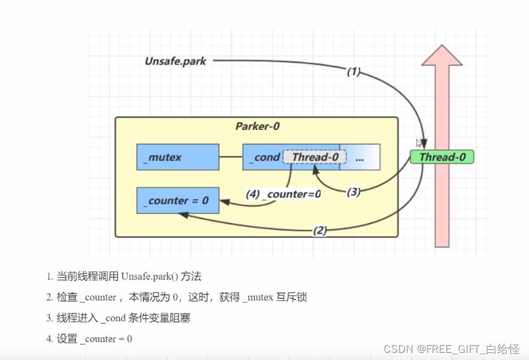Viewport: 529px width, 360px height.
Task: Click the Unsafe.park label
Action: (175, 61)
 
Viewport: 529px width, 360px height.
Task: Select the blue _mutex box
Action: (178, 157)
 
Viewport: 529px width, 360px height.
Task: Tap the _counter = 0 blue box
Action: (178, 200)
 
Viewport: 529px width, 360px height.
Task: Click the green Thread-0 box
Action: (442, 157)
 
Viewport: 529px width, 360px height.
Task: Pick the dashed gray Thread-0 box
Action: (315, 157)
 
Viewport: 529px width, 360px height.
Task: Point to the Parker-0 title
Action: (257, 126)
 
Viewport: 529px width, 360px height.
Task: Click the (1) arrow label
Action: (354, 72)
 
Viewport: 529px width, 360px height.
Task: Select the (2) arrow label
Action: (320, 230)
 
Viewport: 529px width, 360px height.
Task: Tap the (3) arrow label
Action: (354, 192)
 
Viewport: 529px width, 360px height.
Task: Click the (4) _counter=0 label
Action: (283, 194)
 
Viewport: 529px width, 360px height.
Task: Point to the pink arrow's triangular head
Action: (442, 55)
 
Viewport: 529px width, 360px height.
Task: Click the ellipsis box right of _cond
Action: (360, 157)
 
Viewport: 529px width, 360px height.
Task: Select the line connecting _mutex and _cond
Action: (230, 157)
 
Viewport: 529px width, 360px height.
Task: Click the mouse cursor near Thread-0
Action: (419, 143)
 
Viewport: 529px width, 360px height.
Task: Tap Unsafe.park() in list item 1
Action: (150, 276)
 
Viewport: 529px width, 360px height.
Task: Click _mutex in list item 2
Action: (259, 297)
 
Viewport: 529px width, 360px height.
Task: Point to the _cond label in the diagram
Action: (266, 157)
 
